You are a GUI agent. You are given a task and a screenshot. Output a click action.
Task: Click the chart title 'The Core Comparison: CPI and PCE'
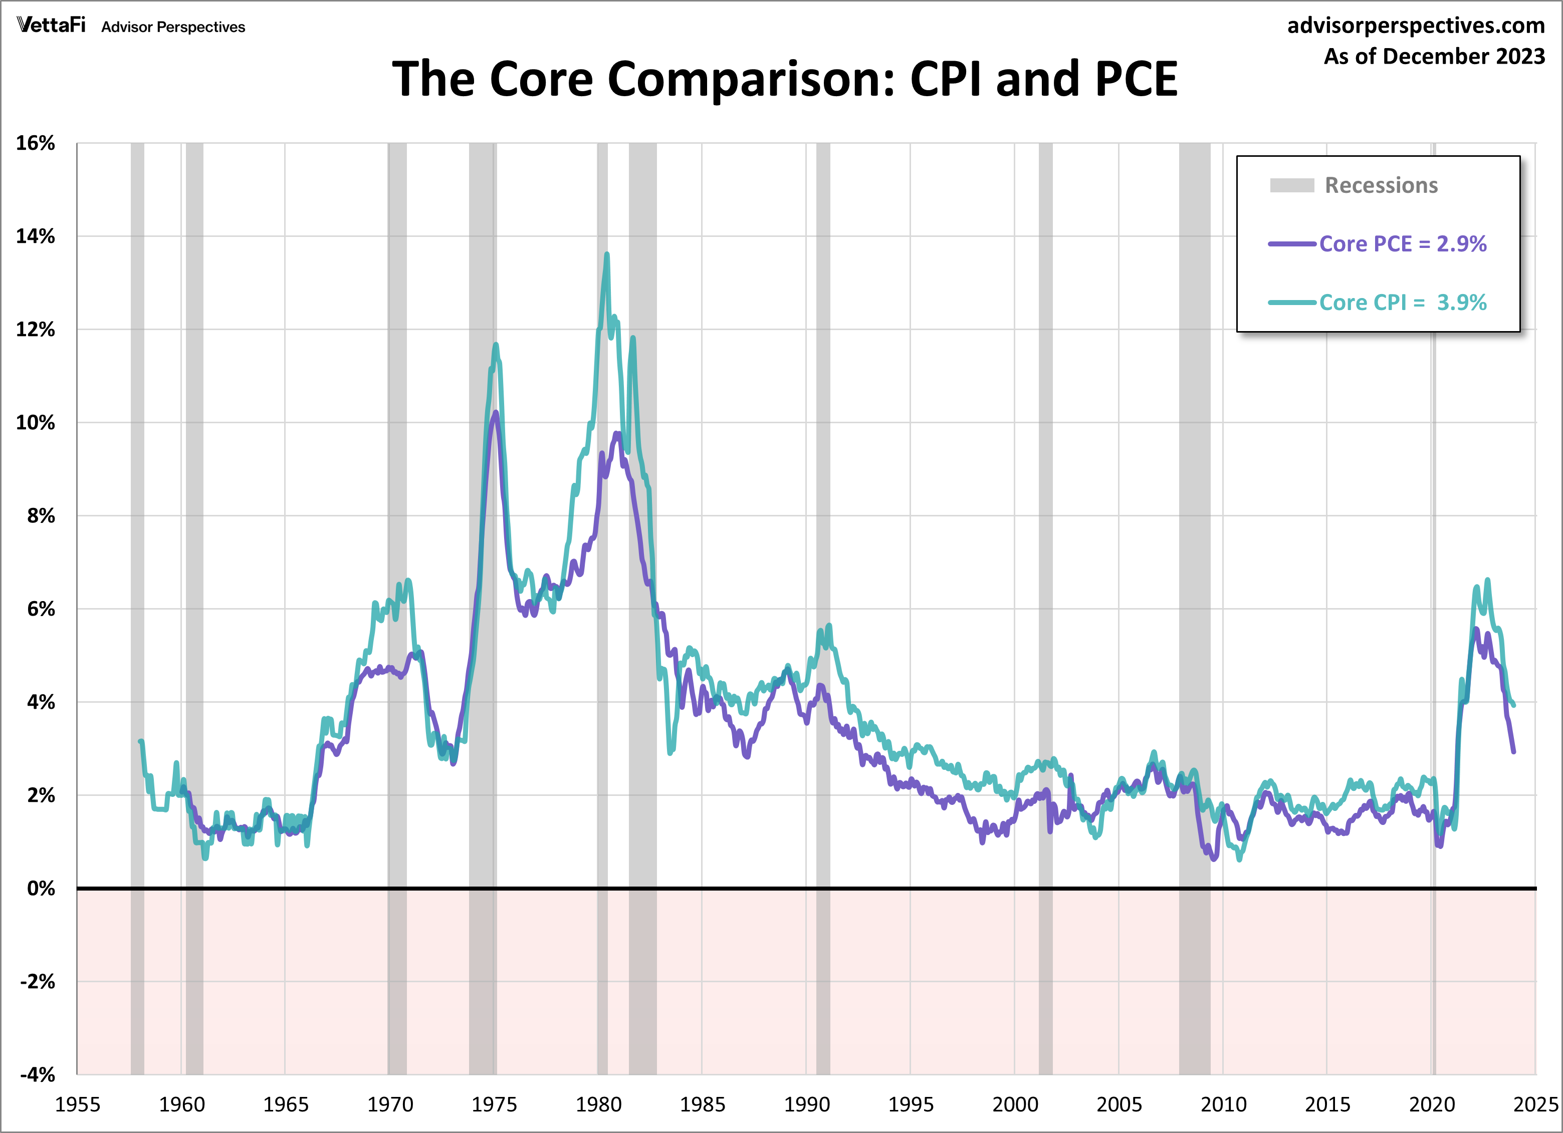click(x=784, y=79)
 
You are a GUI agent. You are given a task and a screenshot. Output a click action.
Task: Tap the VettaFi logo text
click(x=51, y=26)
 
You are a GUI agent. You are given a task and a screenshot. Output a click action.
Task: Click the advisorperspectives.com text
click(x=1416, y=26)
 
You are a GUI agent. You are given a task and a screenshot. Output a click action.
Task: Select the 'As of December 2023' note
click(x=1433, y=57)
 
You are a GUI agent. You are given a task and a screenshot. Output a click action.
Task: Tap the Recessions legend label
click(x=1381, y=185)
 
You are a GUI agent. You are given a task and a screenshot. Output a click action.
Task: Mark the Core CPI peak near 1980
click(x=606, y=254)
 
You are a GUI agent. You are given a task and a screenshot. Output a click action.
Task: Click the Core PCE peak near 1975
click(x=496, y=413)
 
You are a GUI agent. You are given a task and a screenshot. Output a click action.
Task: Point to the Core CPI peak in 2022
click(x=1487, y=580)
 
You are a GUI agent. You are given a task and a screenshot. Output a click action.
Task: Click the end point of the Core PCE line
click(x=1513, y=751)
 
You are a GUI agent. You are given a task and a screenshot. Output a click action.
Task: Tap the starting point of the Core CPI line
click(x=141, y=742)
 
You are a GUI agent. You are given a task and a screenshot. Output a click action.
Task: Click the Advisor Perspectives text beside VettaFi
click(x=173, y=27)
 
